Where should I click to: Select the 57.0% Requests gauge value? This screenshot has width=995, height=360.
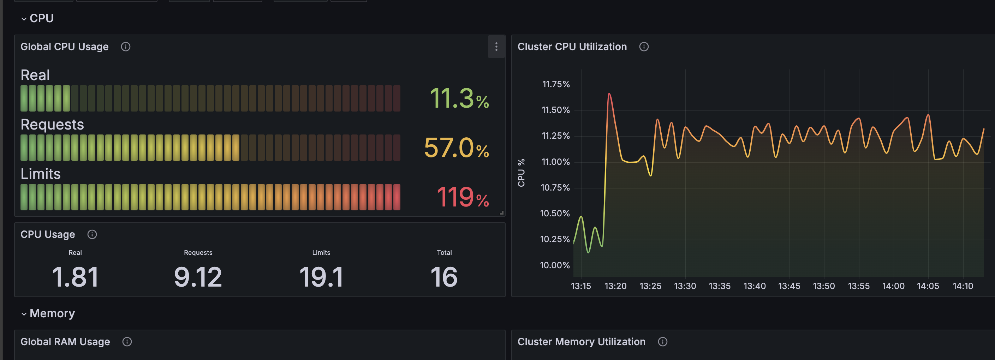[456, 148]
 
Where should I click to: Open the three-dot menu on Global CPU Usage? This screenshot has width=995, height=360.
[496, 47]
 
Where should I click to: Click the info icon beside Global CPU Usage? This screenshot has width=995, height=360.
[126, 47]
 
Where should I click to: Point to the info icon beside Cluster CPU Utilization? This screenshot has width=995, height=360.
[644, 47]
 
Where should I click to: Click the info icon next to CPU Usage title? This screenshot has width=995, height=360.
[92, 234]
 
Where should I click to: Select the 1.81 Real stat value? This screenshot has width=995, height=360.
[75, 277]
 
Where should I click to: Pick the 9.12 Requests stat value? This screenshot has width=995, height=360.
[198, 277]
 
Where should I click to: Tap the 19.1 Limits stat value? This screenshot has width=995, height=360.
[321, 277]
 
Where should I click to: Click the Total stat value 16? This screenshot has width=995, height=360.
[444, 277]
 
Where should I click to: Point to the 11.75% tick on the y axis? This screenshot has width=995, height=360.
[556, 84]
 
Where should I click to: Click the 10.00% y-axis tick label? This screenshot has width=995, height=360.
[555, 265]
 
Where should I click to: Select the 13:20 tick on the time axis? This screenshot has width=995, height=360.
[615, 286]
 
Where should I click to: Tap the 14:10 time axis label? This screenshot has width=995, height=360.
[963, 286]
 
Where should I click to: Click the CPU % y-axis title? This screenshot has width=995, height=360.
[521, 173]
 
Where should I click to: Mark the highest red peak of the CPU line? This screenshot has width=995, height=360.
[609, 94]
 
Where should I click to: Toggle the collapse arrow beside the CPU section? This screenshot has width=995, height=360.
[24, 19]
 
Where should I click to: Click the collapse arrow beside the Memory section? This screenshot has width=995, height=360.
[24, 314]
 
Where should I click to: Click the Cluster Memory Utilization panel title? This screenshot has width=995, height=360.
[581, 342]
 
